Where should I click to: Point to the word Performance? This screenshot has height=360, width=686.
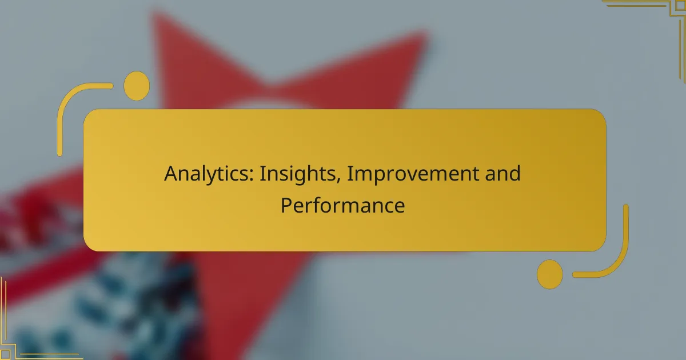tap(342, 205)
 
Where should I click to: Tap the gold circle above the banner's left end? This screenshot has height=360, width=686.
tap(137, 86)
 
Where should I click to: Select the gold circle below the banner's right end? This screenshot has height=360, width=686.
tap(550, 274)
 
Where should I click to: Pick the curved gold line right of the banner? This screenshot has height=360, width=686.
tap(620, 251)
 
